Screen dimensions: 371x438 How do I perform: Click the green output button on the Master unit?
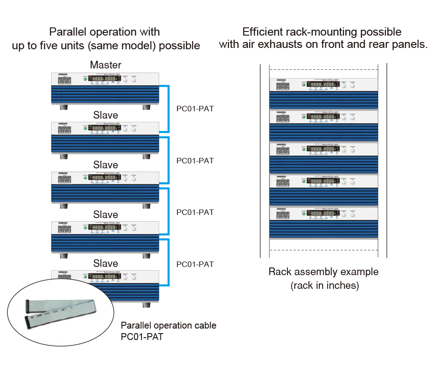pyautogui.click(x=85, y=79)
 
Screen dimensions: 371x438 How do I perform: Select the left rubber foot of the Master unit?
pyautogui.click(x=64, y=108)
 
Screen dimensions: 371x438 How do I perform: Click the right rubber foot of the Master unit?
pyautogui.click(x=147, y=108)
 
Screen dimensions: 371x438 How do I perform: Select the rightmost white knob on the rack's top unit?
pyautogui.click(x=352, y=85)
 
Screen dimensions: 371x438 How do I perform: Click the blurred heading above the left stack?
pyautogui.click(x=105, y=39)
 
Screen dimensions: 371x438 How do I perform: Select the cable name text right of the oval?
pyautogui.click(x=169, y=331)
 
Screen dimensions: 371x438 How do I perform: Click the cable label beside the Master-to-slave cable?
pyautogui.click(x=195, y=110)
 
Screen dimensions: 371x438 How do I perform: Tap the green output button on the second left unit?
pyautogui.click(x=85, y=128)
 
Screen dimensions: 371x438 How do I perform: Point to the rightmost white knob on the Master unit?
pyautogui.click(x=134, y=79)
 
